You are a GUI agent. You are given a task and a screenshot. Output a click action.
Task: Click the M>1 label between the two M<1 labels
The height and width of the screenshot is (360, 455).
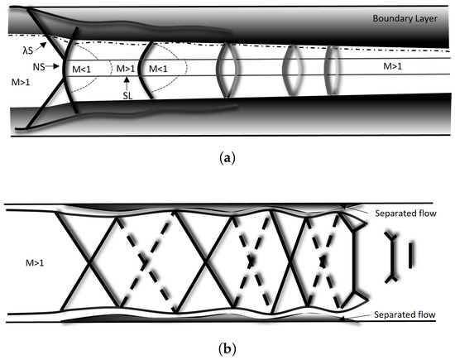[x=126, y=69]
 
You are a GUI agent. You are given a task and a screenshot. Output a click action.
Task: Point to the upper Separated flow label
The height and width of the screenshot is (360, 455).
[x=404, y=211]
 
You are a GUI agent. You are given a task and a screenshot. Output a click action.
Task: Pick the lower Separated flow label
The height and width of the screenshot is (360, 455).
[x=404, y=315]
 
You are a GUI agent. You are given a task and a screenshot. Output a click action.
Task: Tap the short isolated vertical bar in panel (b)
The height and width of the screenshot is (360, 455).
[x=409, y=250]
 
